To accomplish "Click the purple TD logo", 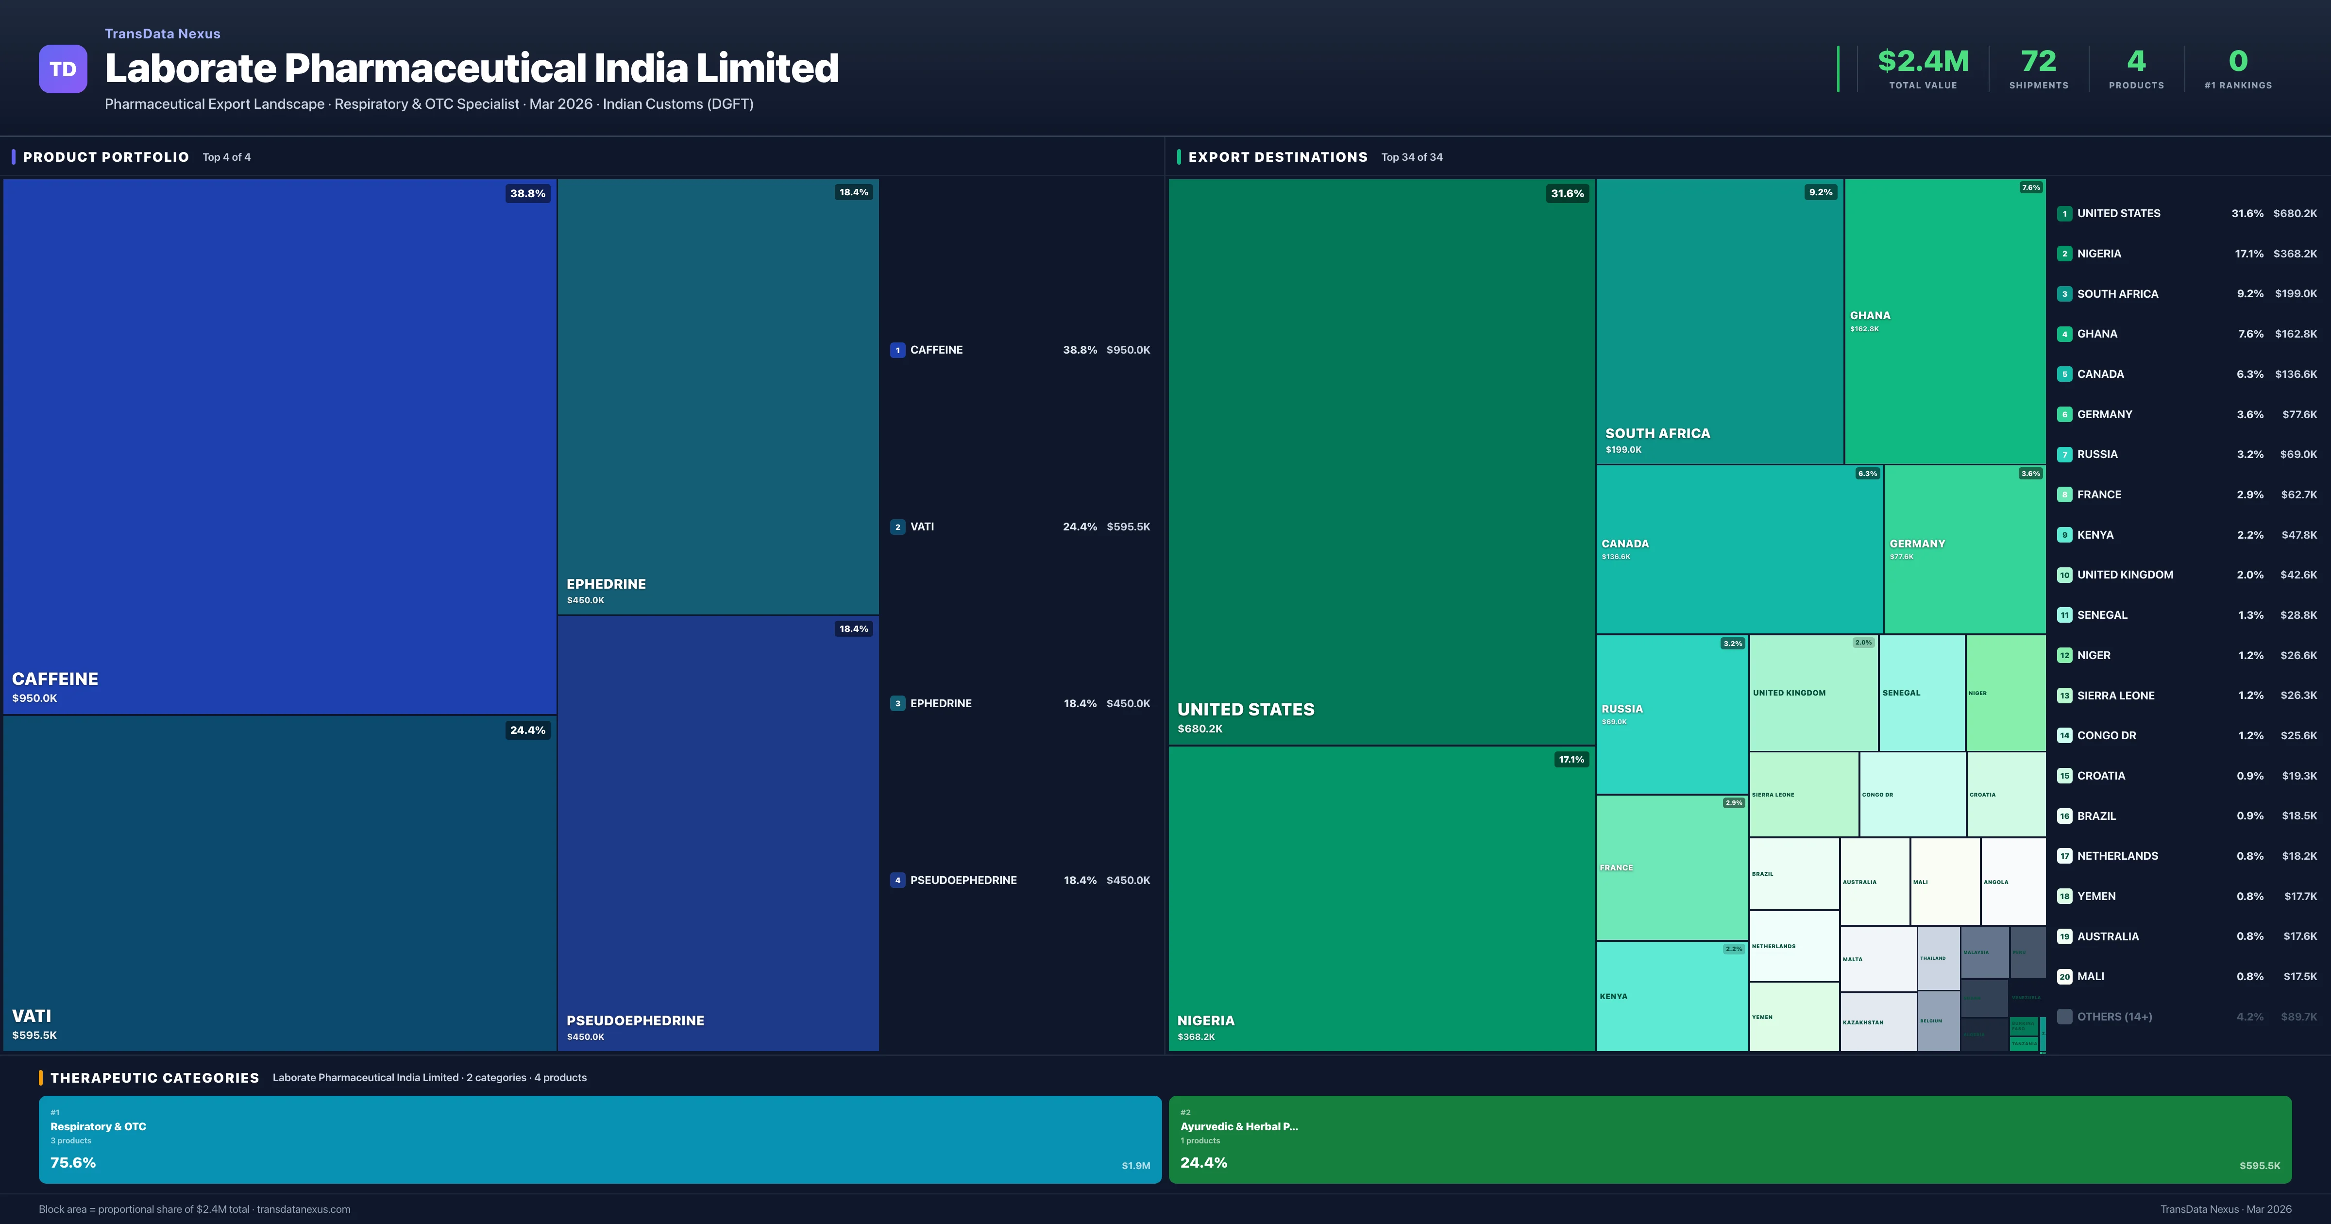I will tap(63, 69).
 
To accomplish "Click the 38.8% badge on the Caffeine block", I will tap(527, 193).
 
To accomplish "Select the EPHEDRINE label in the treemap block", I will tap(606, 584).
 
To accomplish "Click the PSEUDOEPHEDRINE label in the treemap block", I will tap(635, 1020).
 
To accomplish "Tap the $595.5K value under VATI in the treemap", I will tap(34, 1035).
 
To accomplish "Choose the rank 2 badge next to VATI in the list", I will tap(897, 527).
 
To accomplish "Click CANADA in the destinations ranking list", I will tap(2100, 374).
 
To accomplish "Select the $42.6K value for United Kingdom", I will tap(2298, 575).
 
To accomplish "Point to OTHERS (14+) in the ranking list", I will tap(2114, 1017).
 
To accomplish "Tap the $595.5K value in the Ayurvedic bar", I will tap(2260, 1166).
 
